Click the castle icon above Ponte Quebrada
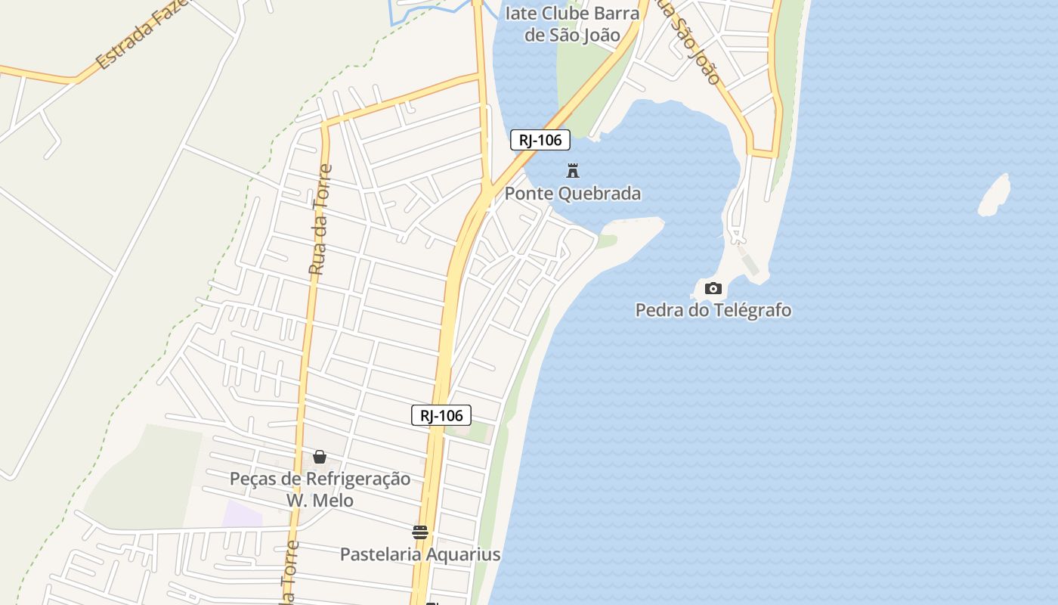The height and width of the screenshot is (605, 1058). [x=573, y=171]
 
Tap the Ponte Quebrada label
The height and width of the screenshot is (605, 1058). [x=573, y=194]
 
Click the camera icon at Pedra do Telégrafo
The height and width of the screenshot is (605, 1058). [x=713, y=288]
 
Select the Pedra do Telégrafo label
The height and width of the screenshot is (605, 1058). [x=713, y=310]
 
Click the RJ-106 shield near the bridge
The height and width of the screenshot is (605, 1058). [x=540, y=140]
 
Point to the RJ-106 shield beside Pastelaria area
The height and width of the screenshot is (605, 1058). [x=441, y=415]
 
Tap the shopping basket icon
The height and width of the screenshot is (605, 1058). [x=320, y=457]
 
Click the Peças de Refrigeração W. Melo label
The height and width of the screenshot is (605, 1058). [x=320, y=489]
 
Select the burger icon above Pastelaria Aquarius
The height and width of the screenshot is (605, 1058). [x=420, y=532]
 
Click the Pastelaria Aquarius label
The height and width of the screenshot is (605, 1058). [x=420, y=554]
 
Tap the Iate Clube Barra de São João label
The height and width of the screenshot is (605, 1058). [x=573, y=24]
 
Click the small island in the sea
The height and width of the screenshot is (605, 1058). [x=995, y=194]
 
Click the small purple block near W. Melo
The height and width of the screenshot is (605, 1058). [x=243, y=513]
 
